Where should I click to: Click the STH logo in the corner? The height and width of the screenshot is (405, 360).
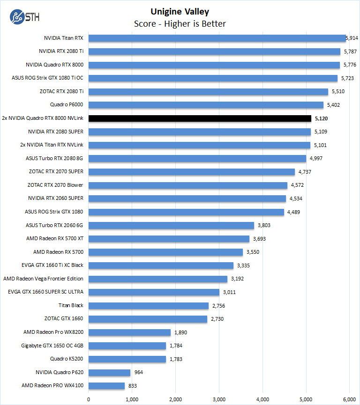point(24,17)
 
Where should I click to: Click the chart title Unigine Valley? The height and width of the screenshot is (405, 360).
point(180,12)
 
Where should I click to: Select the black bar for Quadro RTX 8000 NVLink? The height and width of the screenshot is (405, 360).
point(200,118)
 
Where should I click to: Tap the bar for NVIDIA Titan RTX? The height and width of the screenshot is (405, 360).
point(217,38)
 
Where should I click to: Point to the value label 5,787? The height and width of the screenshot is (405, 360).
point(350,52)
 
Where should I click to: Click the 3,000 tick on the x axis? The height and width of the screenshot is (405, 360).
point(219,399)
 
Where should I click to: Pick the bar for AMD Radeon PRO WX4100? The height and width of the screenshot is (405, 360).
point(106,386)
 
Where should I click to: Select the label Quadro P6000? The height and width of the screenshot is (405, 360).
point(67,104)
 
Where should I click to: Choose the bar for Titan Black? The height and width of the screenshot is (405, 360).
point(149,306)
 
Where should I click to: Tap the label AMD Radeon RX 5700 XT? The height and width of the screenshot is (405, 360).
point(55,238)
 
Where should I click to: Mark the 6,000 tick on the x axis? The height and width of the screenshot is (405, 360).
point(349,399)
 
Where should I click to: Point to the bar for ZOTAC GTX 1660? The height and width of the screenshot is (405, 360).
point(148,319)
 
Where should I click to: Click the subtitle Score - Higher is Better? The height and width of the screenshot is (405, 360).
point(180,23)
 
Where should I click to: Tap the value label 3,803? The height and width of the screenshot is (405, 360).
point(264,225)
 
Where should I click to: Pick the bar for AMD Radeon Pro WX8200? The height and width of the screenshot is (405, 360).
point(129,332)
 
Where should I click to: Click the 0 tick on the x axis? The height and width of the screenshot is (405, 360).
point(89,399)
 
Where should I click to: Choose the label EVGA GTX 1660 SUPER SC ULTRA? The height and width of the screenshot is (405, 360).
point(45,292)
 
